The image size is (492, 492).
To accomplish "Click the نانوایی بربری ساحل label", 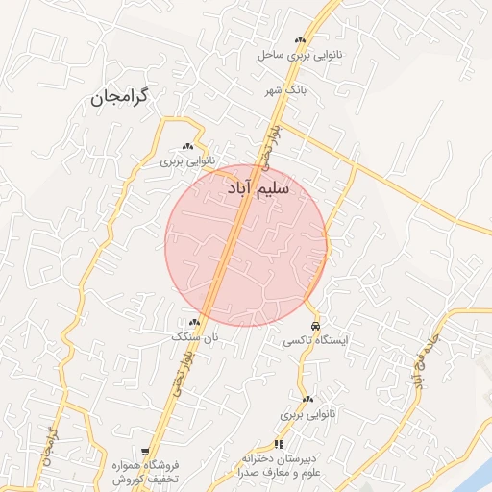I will coord(299,55).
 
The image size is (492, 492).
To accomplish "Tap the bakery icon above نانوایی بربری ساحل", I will coord(300,39).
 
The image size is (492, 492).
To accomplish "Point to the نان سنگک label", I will coord(195,337).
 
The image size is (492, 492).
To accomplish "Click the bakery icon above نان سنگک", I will coord(195,323).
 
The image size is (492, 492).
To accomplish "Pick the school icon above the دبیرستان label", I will coord(280,444).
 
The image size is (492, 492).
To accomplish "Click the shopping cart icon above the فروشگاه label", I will coord(145,451).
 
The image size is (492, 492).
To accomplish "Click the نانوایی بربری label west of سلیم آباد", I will coord(188,161).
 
